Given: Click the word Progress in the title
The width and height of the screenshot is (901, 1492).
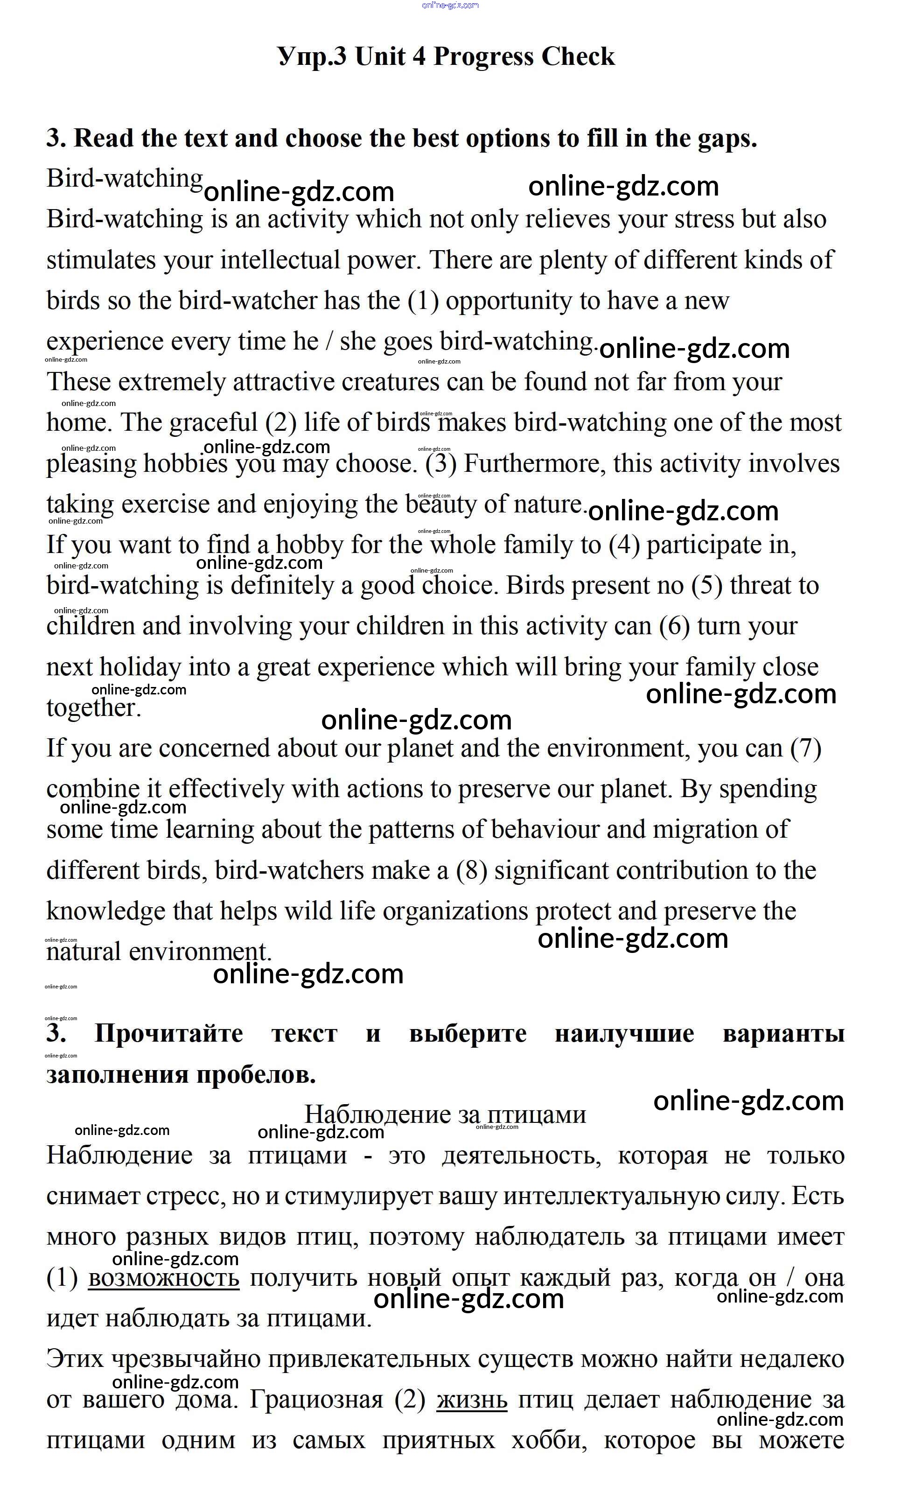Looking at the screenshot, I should point(482,57).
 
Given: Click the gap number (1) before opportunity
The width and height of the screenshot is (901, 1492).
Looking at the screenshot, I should point(423,301).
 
